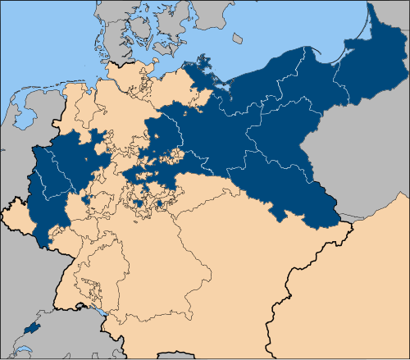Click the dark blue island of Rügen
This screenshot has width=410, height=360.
coord(203,66)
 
